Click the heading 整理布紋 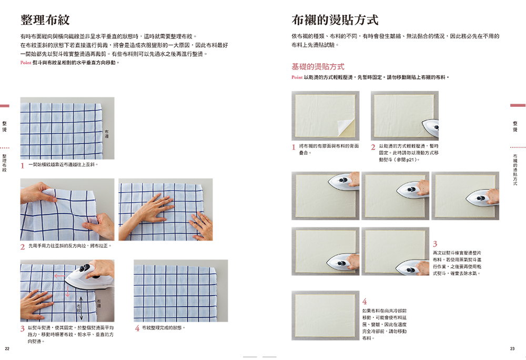pos(45,20)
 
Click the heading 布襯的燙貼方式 pos(335,20)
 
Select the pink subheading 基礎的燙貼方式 pos(318,66)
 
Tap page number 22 pos(7,348)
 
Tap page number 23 pos(512,348)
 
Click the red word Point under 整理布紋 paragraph pos(25,63)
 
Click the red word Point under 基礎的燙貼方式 pos(297,77)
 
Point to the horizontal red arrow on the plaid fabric pos(60,276)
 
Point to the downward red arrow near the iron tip pos(67,291)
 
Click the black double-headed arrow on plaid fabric pos(81,308)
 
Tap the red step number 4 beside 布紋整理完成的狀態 pos(137,328)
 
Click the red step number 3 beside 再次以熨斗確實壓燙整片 pos(435,244)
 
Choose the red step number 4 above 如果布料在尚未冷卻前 pos(365,301)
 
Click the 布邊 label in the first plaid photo pos(107,134)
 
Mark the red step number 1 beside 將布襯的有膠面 pos(294,147)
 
